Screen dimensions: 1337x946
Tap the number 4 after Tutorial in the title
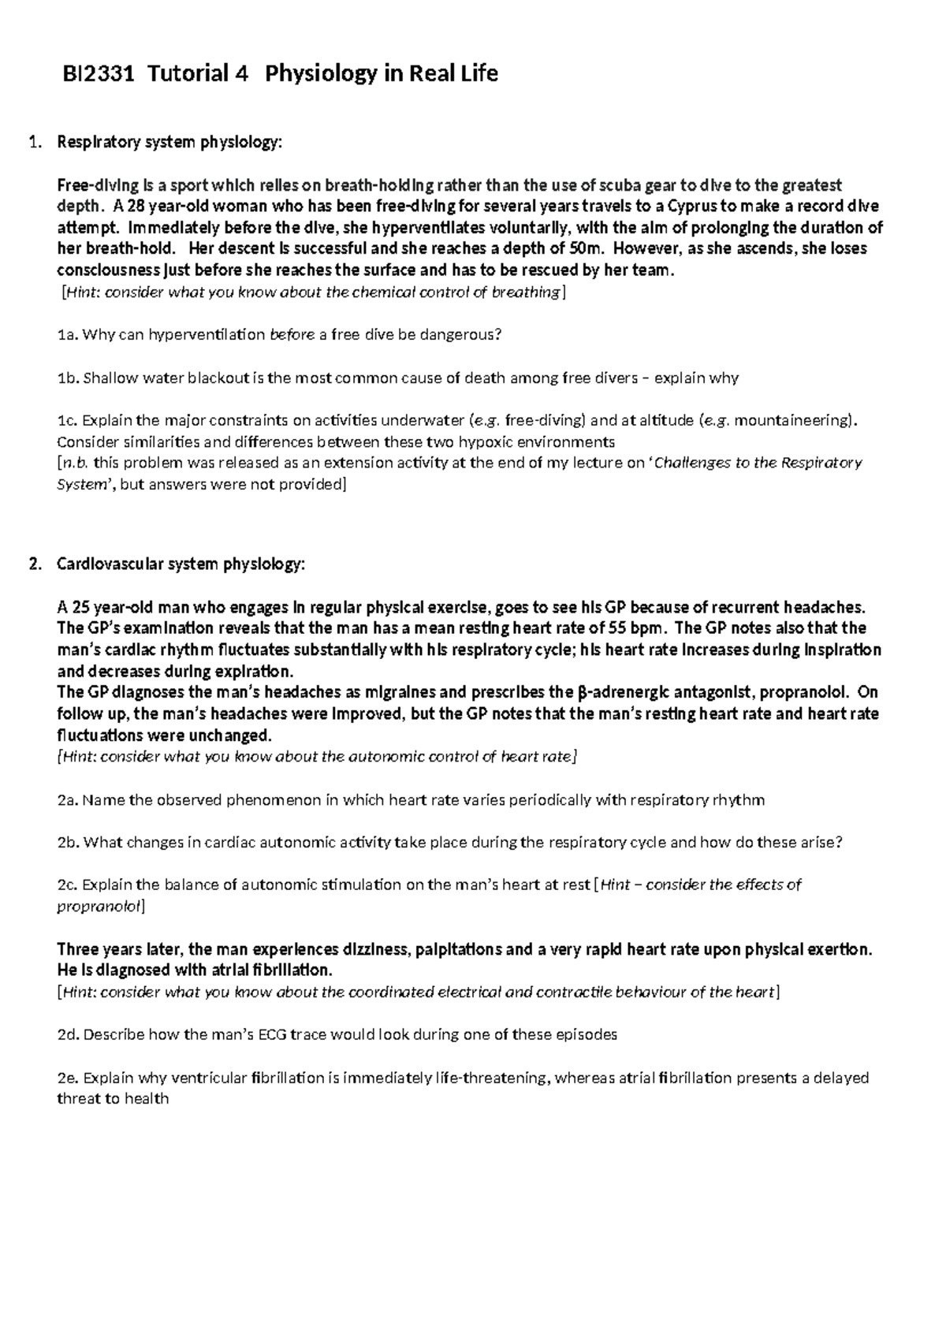(x=240, y=74)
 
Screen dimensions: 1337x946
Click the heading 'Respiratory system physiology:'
(x=169, y=143)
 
